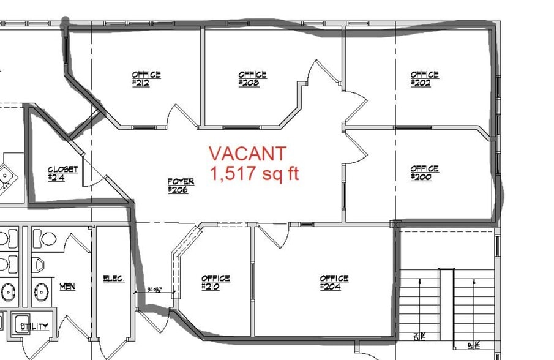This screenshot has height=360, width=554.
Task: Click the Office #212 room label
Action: [146, 79]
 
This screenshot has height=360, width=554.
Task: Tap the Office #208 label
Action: [252, 79]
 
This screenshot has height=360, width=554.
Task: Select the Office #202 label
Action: [424, 79]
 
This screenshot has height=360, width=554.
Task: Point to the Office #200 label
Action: [424, 173]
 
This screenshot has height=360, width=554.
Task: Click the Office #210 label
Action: [215, 282]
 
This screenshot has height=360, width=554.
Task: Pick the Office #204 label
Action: [334, 282]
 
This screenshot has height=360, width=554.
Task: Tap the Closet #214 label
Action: [63, 173]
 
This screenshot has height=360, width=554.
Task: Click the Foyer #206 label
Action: [181, 186]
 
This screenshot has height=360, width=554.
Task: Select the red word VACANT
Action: [247, 153]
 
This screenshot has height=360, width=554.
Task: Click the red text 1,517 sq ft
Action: [255, 174]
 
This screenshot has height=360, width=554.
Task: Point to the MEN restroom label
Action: [67, 286]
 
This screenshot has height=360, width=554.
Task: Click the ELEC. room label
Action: [114, 279]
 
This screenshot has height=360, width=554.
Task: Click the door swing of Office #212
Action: [181, 116]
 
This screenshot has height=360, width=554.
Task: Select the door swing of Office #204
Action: [272, 236]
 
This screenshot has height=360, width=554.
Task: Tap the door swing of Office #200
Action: [355, 148]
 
